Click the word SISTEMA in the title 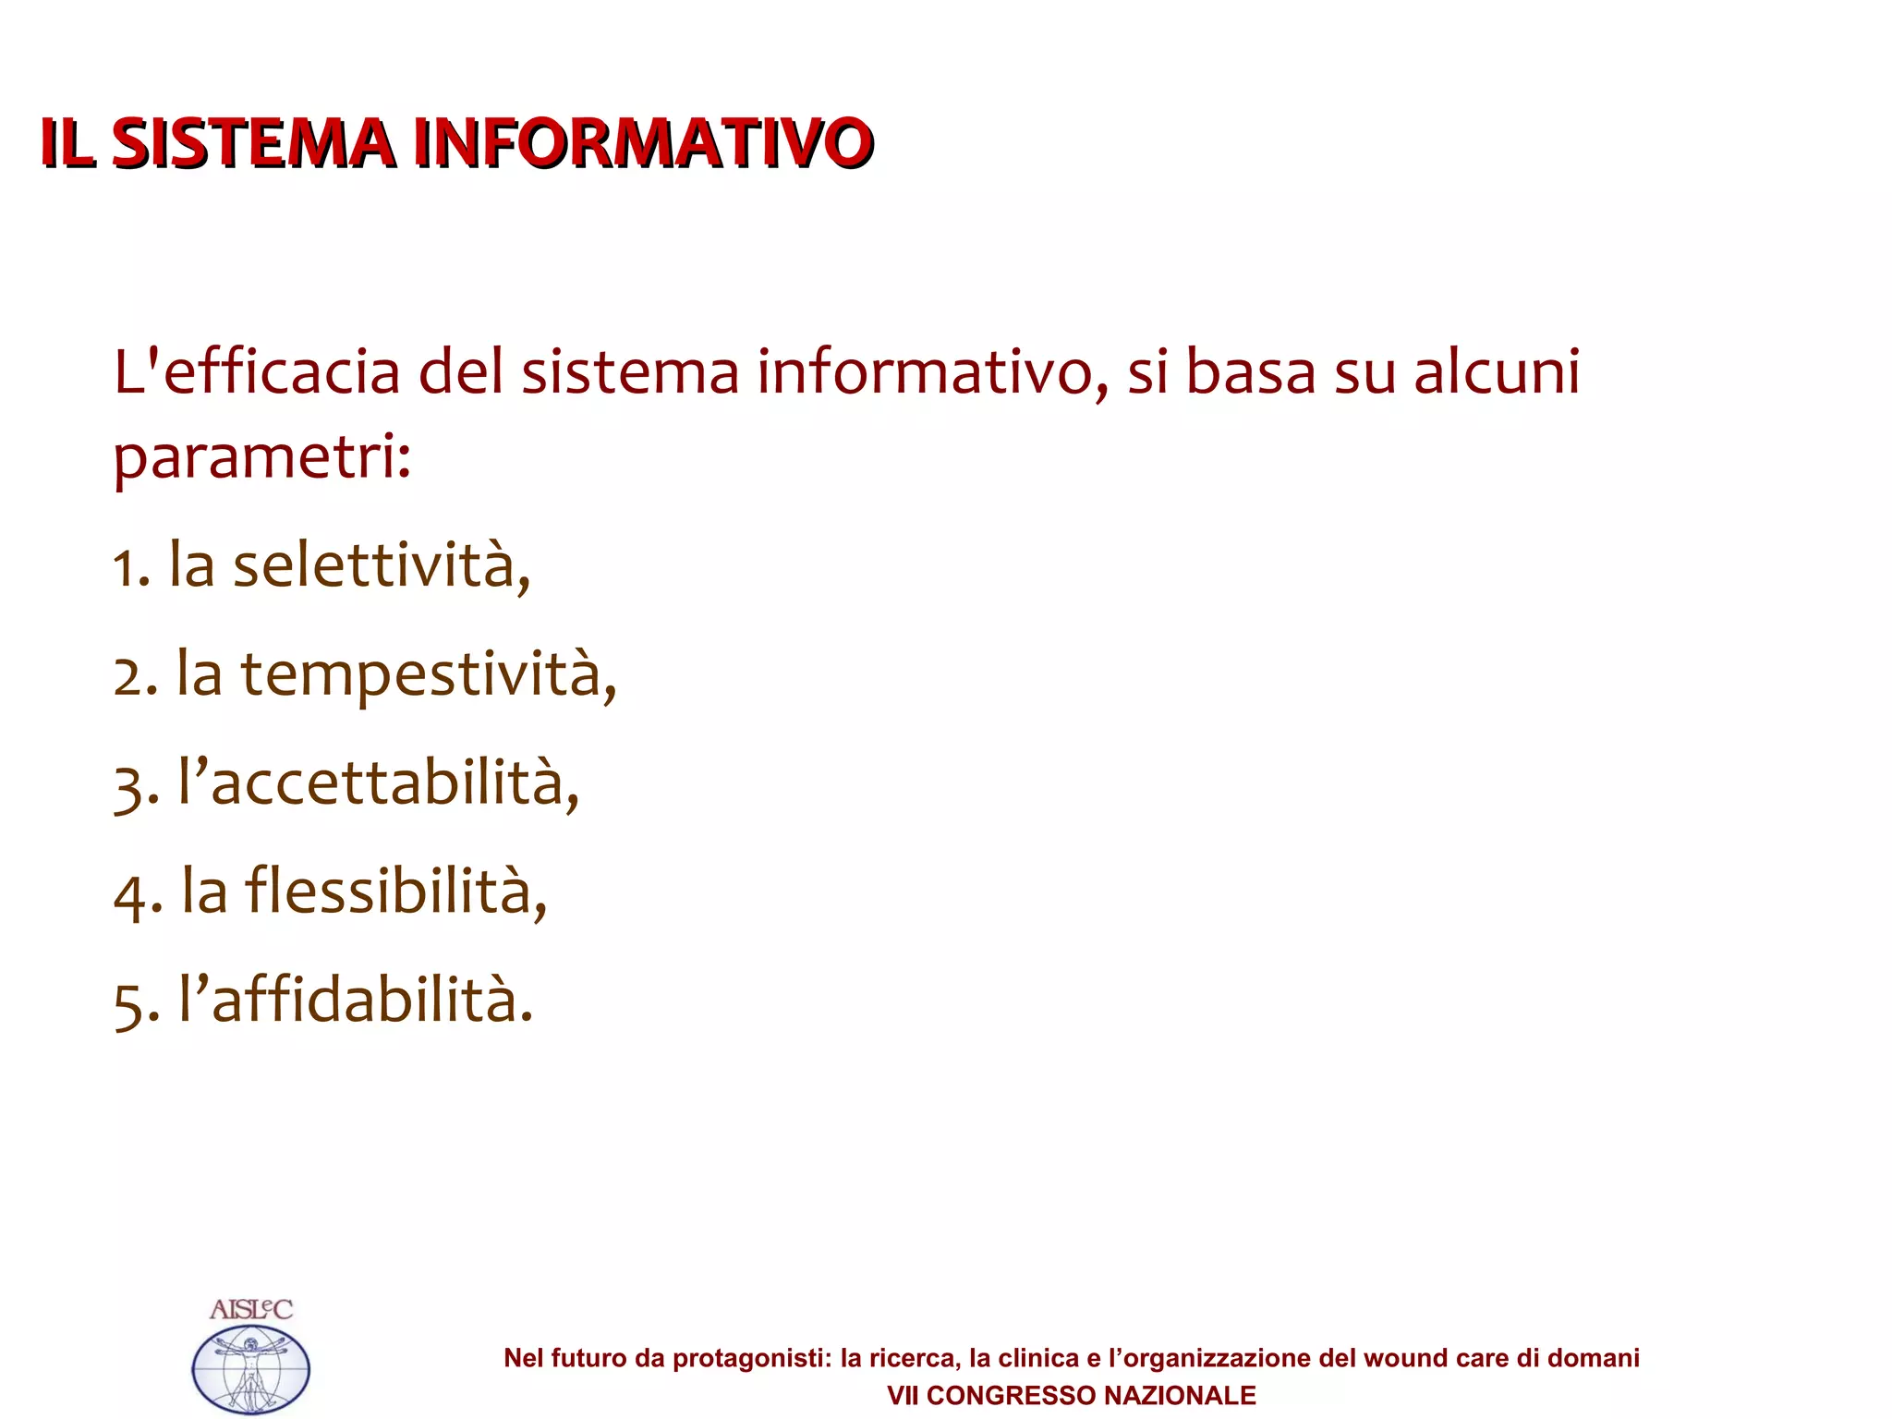(253, 144)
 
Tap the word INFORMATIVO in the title (642, 144)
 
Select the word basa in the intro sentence (1250, 371)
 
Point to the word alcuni (1497, 371)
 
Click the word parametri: (261, 457)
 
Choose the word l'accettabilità (379, 782)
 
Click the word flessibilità (395, 891)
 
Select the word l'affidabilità (356, 1000)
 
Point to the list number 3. (130, 787)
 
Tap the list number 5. (130, 1005)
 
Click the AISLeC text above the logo (250, 1309)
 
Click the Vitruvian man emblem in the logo (250, 1369)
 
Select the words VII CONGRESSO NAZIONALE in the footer (1072, 1395)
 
